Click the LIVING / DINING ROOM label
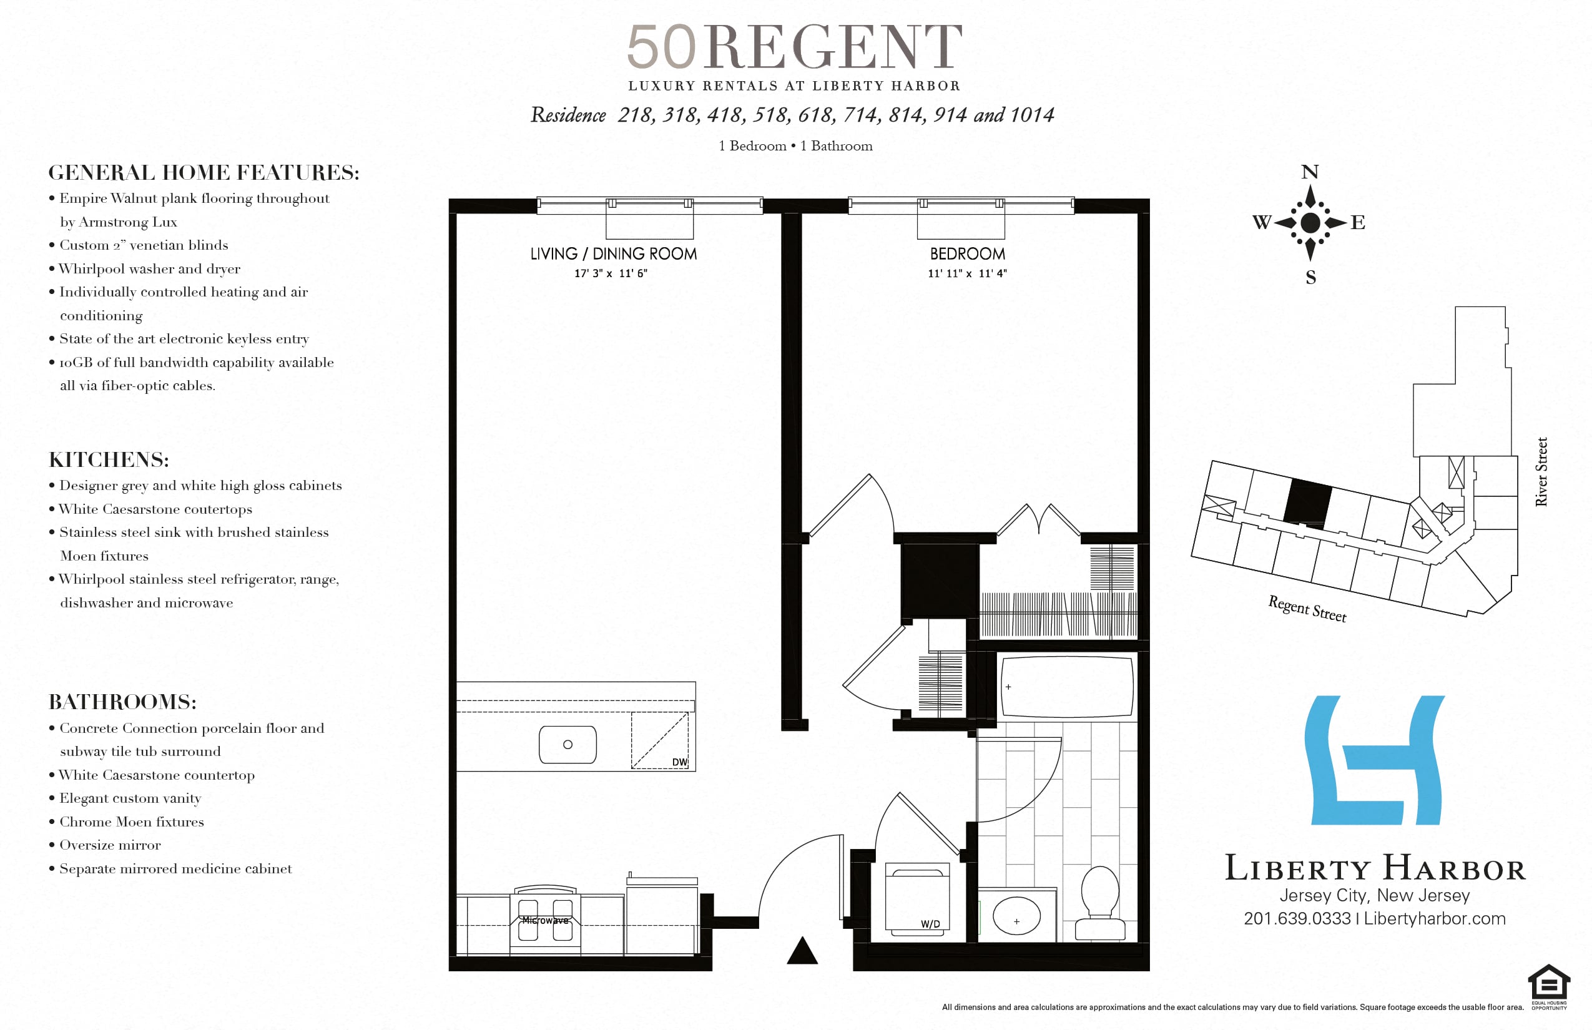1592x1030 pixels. [613, 254]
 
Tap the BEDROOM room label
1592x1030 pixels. [967, 254]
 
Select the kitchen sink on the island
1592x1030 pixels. [568, 744]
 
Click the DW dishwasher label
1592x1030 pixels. [680, 762]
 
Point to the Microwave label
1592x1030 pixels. [545, 920]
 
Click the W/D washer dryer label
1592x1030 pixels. [930, 925]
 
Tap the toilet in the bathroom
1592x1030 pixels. [1100, 904]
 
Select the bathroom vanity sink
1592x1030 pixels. [1017, 916]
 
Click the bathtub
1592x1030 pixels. [1068, 686]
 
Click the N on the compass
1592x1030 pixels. [1310, 172]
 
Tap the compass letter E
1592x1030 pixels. [1358, 222]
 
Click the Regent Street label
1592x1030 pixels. [1307, 609]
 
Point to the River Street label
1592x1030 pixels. [1541, 471]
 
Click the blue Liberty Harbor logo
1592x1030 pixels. [1374, 760]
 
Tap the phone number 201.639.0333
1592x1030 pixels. [1297, 918]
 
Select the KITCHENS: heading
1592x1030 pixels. [109, 459]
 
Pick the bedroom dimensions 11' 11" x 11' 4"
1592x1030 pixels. [967, 273]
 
